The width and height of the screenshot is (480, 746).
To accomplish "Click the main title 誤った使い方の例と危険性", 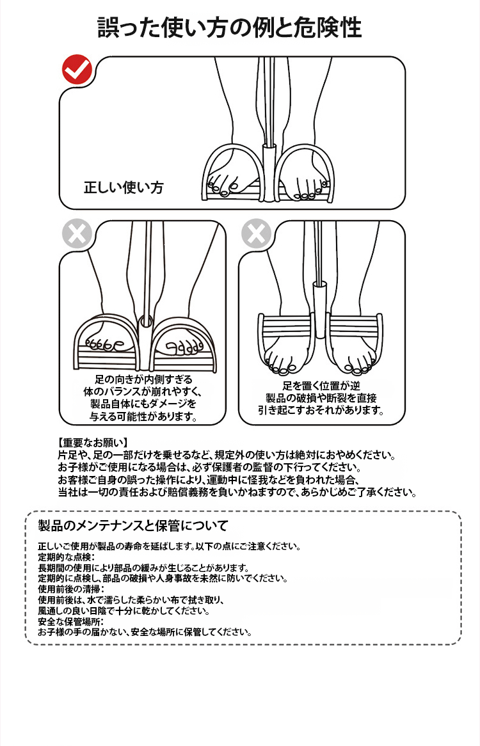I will pos(229,28).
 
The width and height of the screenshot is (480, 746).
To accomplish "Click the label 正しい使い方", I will pos(124,187).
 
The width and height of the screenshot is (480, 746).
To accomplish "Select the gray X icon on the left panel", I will pos(77,234).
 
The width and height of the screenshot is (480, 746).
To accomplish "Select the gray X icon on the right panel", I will pos(256,234).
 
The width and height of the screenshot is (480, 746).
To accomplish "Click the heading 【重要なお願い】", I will pos(92,442).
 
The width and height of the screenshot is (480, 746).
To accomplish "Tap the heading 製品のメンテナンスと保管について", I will pos(133,526).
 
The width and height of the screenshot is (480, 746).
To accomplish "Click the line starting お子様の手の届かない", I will pos(144,632).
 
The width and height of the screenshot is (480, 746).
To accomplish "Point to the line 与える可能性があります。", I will pos(143,417).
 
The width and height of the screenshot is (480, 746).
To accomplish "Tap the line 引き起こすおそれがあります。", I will pos(321,410).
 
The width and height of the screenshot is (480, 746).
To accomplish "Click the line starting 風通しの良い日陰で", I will pos(124,610).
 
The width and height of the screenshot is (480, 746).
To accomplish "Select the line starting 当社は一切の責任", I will pos(237,493).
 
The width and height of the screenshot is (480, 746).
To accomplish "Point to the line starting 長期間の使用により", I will pos(143,567).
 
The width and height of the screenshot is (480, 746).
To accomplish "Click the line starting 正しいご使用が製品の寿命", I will pos(169,546).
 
